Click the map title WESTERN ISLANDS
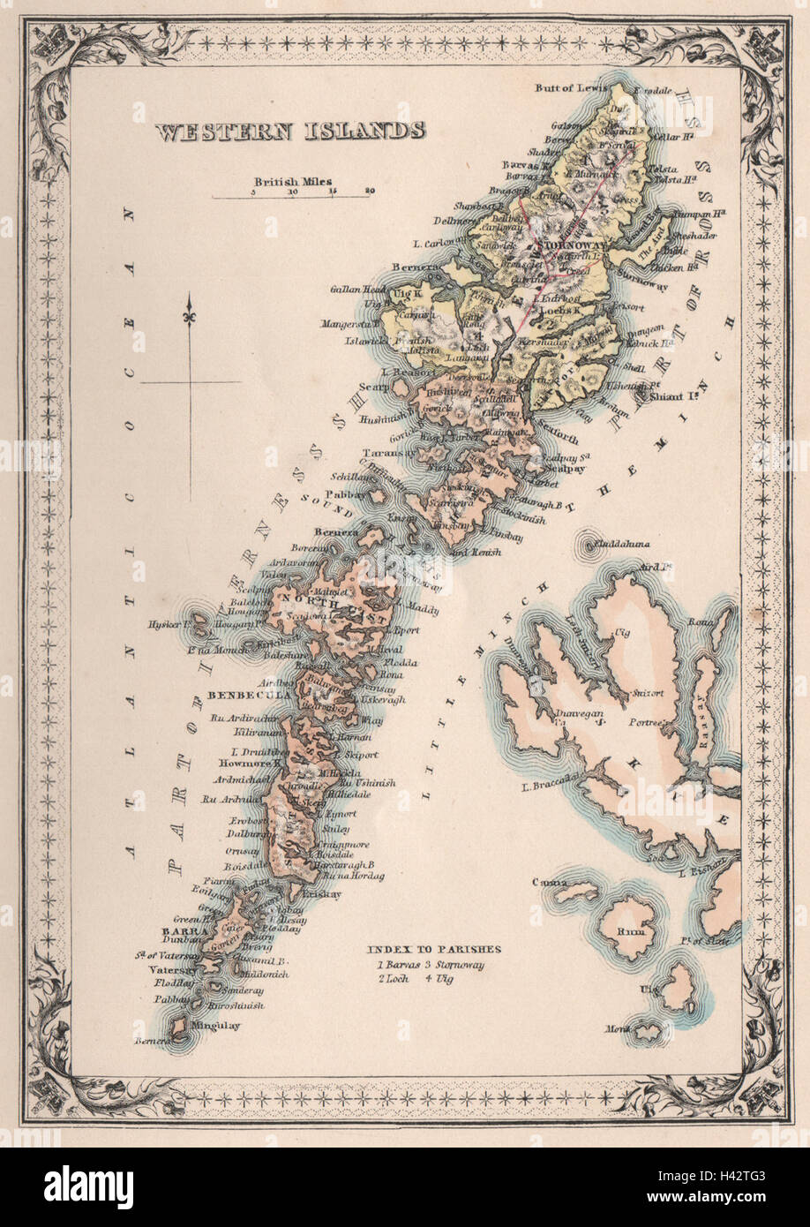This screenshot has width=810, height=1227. click(x=290, y=132)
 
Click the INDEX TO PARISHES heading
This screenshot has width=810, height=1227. click(x=434, y=949)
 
